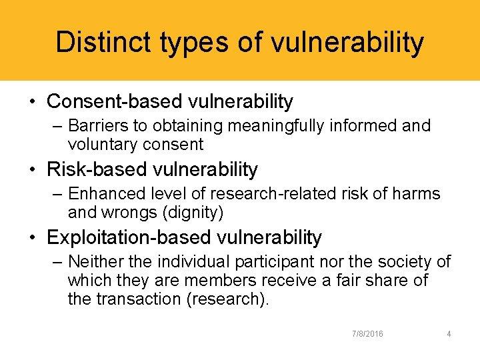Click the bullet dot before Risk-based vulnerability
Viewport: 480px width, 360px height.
click(x=33, y=170)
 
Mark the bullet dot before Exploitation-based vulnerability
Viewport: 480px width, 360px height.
click(x=33, y=238)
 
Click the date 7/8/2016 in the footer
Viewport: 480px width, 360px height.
click(x=367, y=334)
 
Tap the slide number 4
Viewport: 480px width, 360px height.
click(x=449, y=334)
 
